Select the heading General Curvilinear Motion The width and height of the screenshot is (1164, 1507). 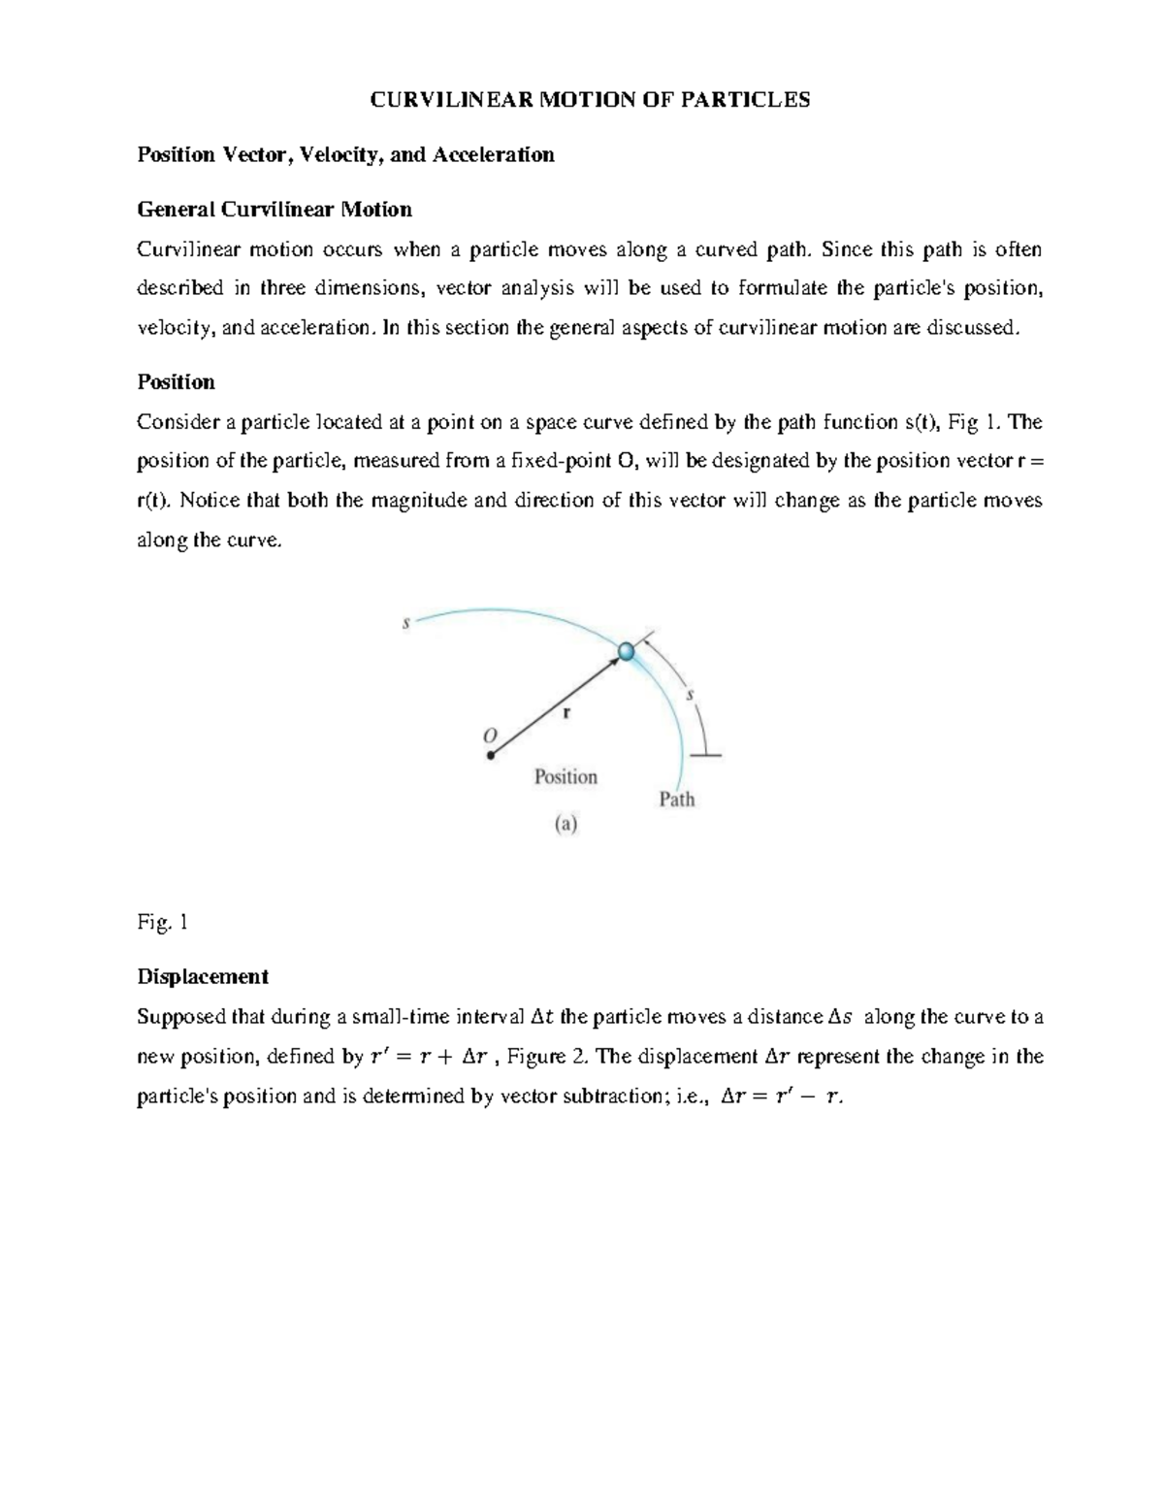(x=275, y=209)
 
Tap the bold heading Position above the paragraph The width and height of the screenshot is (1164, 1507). (x=176, y=381)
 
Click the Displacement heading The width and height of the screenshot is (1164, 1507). (x=202, y=976)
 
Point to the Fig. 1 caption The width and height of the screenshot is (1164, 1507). (x=162, y=922)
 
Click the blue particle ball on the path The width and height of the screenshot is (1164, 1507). (x=627, y=651)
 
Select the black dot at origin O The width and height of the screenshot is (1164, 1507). (x=491, y=755)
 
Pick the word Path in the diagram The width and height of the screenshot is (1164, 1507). (x=677, y=800)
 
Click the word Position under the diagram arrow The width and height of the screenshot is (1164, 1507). (x=566, y=776)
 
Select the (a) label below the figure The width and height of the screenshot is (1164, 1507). (x=566, y=825)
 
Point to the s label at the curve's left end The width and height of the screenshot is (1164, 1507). (x=406, y=624)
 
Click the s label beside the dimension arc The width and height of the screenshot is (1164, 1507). (x=690, y=694)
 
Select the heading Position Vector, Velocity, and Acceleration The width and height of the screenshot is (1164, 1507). (x=345, y=154)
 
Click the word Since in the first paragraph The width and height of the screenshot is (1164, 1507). (x=847, y=249)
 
